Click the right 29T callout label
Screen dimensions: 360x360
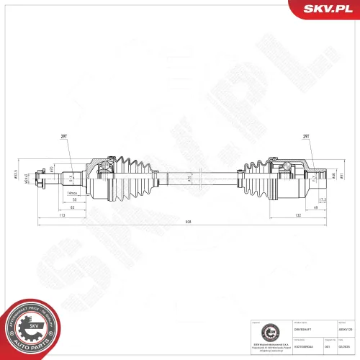pyautogui.click(x=305, y=135)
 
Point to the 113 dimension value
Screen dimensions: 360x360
pyautogui.click(x=62, y=215)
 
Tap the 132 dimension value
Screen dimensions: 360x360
pyautogui.click(x=297, y=215)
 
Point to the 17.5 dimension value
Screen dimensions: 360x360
pyautogui.click(x=322, y=199)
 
